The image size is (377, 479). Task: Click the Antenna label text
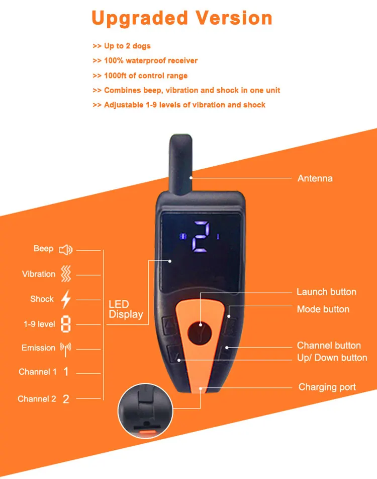click(315, 178)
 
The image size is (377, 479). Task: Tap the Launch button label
click(326, 292)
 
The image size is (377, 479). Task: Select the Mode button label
click(323, 309)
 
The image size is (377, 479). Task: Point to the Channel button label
click(329, 346)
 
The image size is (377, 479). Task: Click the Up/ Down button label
click(332, 358)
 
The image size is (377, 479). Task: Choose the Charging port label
click(327, 387)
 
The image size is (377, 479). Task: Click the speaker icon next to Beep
click(66, 249)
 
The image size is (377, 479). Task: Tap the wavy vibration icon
click(66, 274)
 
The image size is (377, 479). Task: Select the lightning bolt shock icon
click(66, 299)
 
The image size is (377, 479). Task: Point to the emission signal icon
click(66, 348)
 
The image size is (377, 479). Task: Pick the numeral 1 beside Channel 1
click(66, 372)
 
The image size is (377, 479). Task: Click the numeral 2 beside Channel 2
click(66, 399)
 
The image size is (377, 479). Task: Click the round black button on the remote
click(201, 332)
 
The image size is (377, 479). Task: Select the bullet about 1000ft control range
click(140, 76)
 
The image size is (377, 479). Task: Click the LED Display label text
click(126, 309)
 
